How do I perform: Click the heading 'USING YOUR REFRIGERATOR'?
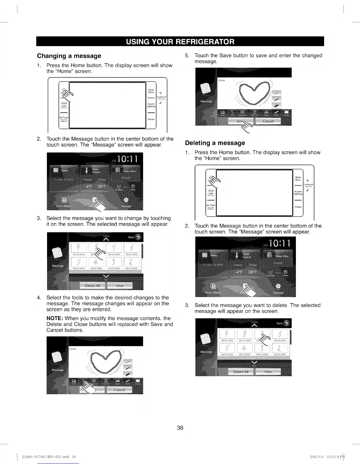(180, 41)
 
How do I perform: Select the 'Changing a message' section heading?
(69, 56)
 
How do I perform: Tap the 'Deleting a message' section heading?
(215, 143)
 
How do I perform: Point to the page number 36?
(180, 428)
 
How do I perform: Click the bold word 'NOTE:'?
(55, 318)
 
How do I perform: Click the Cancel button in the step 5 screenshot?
(268, 121)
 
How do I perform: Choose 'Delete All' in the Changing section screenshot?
(93, 286)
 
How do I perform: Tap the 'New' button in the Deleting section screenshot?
(268, 372)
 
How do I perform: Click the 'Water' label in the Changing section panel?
(151, 119)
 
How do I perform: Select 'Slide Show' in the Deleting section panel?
(298, 179)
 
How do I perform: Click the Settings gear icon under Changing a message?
(127, 200)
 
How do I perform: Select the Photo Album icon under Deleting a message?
(213, 287)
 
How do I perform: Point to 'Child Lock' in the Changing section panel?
(64, 104)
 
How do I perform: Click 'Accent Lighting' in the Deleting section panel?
(298, 193)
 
